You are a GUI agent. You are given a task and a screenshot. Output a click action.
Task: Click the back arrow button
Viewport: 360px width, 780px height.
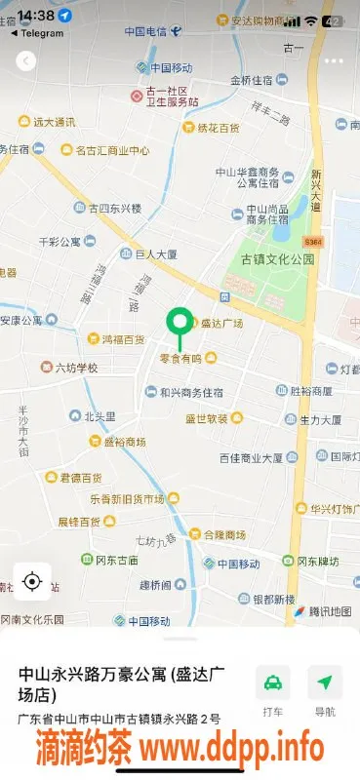(x=26, y=60)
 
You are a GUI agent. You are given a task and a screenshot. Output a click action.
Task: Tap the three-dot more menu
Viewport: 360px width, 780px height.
(x=334, y=60)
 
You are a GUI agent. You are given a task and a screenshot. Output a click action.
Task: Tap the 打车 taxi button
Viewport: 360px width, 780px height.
(x=272, y=690)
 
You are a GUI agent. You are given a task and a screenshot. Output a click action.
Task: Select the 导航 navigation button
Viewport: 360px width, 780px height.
(x=325, y=690)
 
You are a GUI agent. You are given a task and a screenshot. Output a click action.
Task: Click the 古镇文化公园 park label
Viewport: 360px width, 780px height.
(x=278, y=259)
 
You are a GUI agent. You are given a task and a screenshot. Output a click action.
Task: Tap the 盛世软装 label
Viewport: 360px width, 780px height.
(x=208, y=419)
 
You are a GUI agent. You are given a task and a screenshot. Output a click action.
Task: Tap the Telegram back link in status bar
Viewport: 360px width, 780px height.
(x=36, y=33)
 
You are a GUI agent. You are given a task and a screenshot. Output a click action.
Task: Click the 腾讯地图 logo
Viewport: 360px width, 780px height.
(x=322, y=611)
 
